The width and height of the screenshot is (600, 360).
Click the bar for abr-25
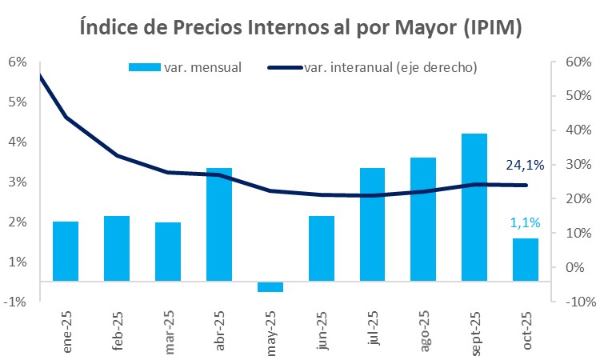(219, 224)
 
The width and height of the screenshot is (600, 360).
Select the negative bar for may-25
(270, 287)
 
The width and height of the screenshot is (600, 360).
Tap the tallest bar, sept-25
(474, 207)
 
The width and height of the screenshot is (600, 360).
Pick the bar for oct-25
(526, 259)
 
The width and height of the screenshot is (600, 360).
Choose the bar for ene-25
(66, 251)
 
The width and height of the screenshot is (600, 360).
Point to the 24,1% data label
(525, 166)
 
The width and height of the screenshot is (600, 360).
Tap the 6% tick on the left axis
(18, 62)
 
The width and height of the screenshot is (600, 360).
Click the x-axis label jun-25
(322, 330)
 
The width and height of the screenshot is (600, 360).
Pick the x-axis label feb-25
(117, 330)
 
